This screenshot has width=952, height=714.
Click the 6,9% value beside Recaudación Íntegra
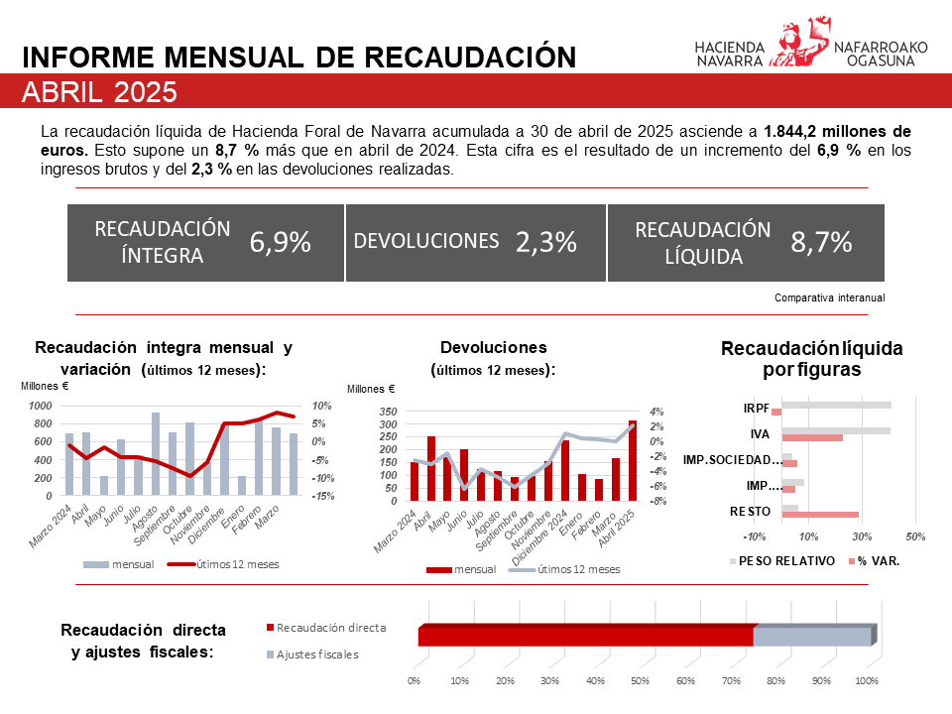pos(281,242)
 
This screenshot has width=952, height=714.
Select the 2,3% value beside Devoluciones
pos(545,242)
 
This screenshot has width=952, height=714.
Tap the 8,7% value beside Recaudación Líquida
pos(821,242)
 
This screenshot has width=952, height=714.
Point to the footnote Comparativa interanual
pos(828,297)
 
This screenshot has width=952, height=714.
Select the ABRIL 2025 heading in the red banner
pos(99,93)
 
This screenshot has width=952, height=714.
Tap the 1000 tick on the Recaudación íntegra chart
pos(41,407)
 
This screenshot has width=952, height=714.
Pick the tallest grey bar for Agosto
pos(156,453)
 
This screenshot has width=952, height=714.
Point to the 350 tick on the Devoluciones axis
pos(388,412)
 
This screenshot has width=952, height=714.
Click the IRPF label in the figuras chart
pos(756,408)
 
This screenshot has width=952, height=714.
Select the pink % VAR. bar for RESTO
pos(820,515)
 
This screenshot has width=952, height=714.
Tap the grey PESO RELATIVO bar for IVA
pos(836,430)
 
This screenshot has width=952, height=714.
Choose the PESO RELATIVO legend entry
pos(774,560)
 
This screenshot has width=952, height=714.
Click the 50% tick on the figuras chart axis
pos(915,536)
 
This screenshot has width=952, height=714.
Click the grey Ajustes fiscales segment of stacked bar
pos(813,636)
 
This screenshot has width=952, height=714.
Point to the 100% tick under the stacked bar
pos(866,681)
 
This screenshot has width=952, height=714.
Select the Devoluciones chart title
pos(493,348)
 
